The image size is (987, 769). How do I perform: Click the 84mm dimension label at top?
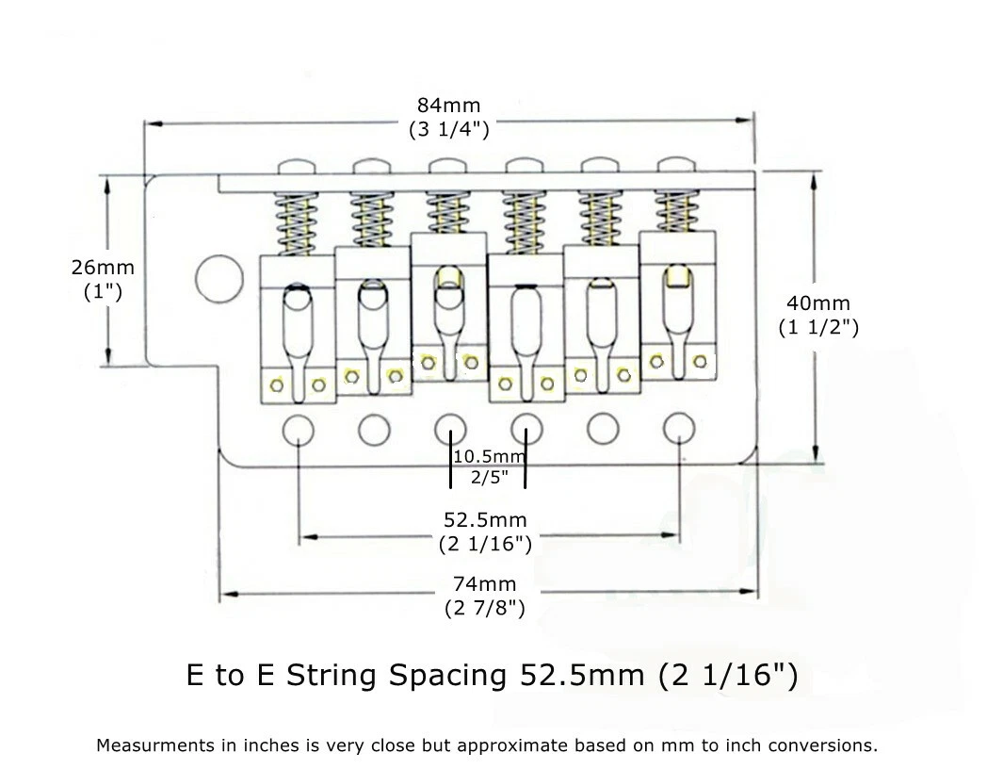(448, 105)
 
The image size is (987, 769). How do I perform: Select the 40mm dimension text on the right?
(818, 303)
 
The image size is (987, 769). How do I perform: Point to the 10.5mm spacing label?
(488, 456)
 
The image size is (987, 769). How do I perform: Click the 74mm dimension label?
(485, 584)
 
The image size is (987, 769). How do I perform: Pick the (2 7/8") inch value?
(485, 608)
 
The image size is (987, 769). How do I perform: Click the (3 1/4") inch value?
(448, 130)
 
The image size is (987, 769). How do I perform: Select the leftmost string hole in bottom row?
(299, 430)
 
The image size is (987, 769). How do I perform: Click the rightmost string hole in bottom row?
(679, 430)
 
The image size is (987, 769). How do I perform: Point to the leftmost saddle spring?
(294, 224)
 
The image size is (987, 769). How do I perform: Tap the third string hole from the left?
(450, 430)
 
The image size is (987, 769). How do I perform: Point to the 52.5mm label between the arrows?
(485, 519)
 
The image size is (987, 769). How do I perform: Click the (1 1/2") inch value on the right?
(818, 328)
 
